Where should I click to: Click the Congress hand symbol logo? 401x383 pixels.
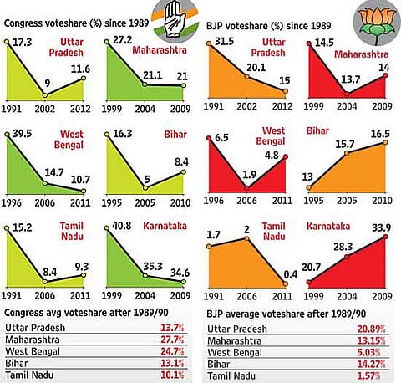tap(175, 21)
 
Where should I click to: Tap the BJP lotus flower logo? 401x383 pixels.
tap(377, 23)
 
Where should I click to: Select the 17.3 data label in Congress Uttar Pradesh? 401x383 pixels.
tap(23, 42)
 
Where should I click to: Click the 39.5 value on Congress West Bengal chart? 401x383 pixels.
tap(23, 134)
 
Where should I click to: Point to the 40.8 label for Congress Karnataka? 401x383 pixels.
tap(122, 226)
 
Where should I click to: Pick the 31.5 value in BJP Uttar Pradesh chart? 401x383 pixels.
tap(224, 42)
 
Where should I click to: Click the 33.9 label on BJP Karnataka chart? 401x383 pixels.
tap(382, 228)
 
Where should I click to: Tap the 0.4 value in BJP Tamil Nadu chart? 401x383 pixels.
tap(291, 274)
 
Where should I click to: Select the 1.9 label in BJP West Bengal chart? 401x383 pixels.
tap(249, 175)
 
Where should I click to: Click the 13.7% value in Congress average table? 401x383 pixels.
tap(172, 328)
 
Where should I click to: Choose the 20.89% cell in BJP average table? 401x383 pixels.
tap(372, 329)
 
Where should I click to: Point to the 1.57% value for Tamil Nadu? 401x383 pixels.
tap(368, 375)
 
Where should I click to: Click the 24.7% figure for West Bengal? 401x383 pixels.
tap(172, 351)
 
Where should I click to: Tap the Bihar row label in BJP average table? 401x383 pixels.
tap(219, 365)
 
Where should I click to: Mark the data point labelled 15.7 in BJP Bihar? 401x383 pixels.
tap(347, 153)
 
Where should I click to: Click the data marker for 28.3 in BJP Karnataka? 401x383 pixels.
tap(347, 257)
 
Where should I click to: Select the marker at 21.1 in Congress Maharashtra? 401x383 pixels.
tap(145, 84)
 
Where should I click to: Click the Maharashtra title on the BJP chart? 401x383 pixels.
tap(362, 54)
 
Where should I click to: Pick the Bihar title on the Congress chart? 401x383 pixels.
tap(175, 135)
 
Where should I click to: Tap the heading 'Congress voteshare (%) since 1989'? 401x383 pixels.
tap(76, 23)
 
